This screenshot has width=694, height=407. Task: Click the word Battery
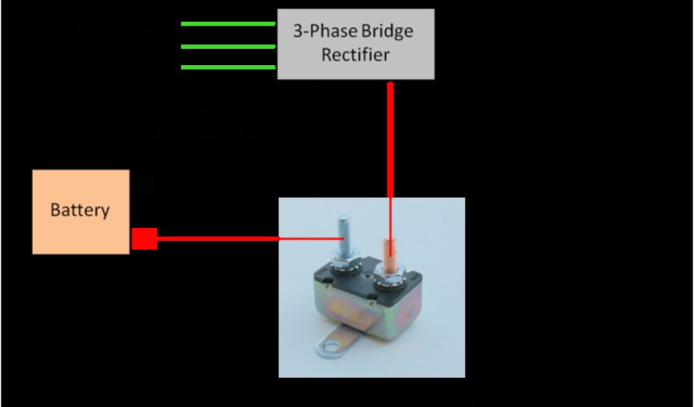pyautogui.click(x=80, y=210)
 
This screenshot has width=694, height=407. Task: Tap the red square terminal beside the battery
pyautogui.click(x=144, y=239)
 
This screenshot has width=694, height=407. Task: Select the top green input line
pyautogui.click(x=228, y=24)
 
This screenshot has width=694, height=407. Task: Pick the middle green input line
pyautogui.click(x=228, y=46)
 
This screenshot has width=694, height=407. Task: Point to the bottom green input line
pyautogui.click(x=228, y=67)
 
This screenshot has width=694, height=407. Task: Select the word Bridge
pyautogui.click(x=384, y=31)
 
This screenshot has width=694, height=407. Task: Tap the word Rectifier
pyautogui.click(x=355, y=55)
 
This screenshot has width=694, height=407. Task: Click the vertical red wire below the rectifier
pyautogui.click(x=390, y=142)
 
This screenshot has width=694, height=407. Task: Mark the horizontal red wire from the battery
pyautogui.click(x=217, y=239)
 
